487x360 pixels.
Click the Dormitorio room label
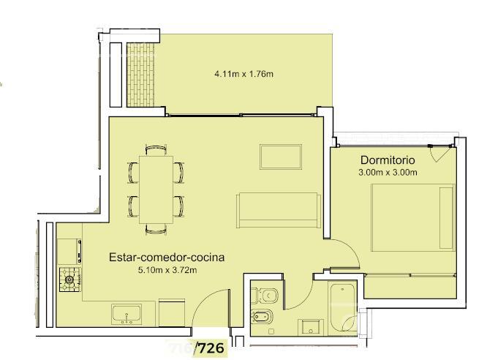pyautogui.click(x=388, y=160)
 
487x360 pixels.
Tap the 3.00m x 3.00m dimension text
pyautogui.click(x=388, y=172)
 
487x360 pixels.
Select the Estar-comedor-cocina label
pyautogui.click(x=167, y=258)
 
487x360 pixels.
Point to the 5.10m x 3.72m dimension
pyautogui.click(x=167, y=270)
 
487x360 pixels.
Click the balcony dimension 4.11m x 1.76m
pyautogui.click(x=243, y=74)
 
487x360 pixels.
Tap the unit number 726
pyautogui.click(x=211, y=348)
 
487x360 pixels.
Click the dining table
pyautogui.click(x=156, y=190)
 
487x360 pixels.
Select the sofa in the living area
pyautogui.click(x=279, y=211)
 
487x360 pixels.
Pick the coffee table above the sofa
pyautogui.click(x=281, y=157)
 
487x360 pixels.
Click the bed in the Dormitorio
pyautogui.click(x=412, y=217)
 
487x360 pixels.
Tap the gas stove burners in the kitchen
pyautogui.click(x=70, y=280)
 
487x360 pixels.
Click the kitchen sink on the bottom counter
pyautogui.click(x=127, y=315)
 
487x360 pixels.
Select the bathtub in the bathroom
pyautogui.click(x=343, y=308)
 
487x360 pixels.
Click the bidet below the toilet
pyautogui.click(x=262, y=318)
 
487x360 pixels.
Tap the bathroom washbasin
pyautogui.click(x=311, y=328)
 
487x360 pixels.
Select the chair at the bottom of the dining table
pyautogui.click(x=156, y=229)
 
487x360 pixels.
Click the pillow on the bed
pyautogui.click(x=446, y=217)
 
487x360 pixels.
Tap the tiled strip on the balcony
pyautogui.click(x=140, y=75)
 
